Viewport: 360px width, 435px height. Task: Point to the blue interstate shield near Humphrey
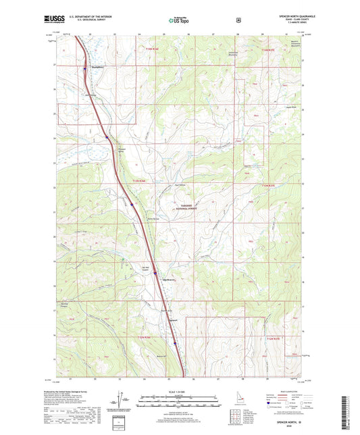coord(84,68)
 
